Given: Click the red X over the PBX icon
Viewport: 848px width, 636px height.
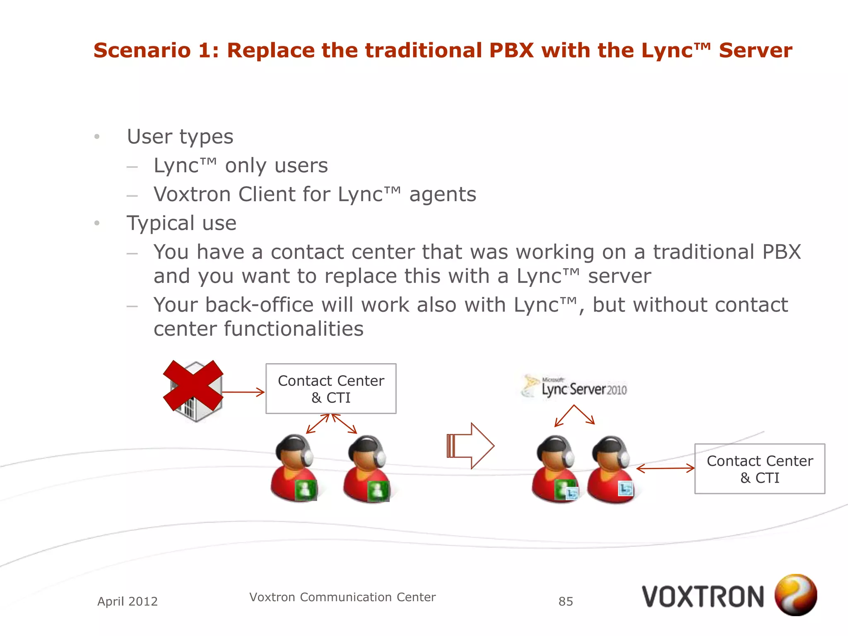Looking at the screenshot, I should (x=193, y=385).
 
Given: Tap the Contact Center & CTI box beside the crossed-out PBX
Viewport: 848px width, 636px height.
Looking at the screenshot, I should (x=331, y=389).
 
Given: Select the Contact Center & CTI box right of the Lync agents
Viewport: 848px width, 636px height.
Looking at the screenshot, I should (x=759, y=469).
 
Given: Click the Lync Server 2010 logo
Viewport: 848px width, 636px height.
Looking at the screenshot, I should (x=575, y=387).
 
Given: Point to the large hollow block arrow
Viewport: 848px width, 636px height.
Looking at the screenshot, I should (x=470, y=446).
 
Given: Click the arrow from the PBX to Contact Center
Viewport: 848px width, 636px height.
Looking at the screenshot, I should (x=243, y=392).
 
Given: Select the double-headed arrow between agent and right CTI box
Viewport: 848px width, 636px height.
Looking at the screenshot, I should (x=665, y=468).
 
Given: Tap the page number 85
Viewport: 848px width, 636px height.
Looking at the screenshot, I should (x=566, y=601).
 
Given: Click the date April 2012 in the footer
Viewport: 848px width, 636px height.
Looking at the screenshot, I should (x=128, y=601).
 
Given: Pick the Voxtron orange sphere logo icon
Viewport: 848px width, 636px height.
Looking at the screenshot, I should (x=795, y=595).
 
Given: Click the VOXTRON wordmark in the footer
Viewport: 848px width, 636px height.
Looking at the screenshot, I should (x=703, y=597).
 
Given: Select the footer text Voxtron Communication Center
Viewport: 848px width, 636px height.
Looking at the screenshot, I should (x=342, y=597).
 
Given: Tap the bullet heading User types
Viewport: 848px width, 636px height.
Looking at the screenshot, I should (x=180, y=137).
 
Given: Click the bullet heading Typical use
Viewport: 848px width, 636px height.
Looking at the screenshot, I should (x=181, y=223).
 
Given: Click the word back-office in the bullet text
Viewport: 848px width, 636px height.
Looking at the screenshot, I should (x=259, y=305).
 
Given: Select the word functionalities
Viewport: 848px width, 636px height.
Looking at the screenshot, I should (x=294, y=329).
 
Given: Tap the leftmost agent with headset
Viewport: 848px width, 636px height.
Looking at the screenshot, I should (x=294, y=468).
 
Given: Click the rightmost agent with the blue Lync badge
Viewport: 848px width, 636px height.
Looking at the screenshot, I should (x=610, y=470).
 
